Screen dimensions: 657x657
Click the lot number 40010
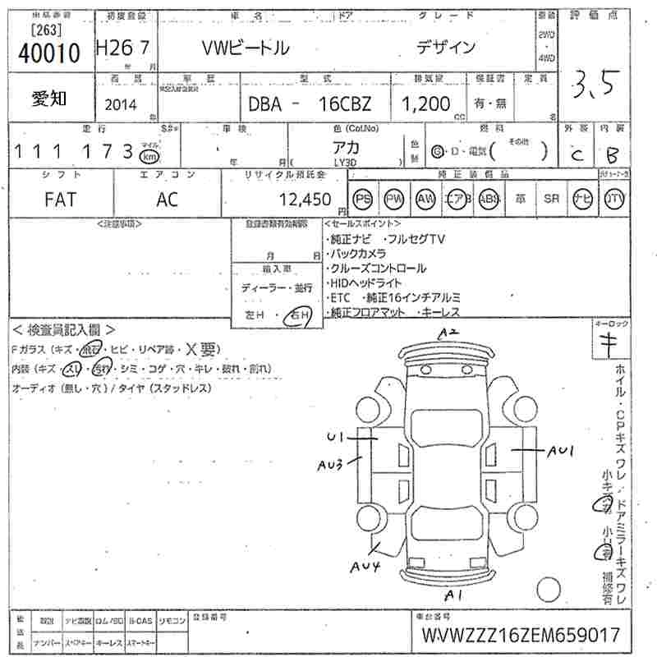(48, 53)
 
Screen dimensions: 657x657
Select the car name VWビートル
(246, 48)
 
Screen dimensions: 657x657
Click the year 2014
(122, 104)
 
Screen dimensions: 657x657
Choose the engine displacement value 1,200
(425, 104)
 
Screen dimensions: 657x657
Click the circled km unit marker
(149, 155)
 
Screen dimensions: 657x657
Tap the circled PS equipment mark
(362, 199)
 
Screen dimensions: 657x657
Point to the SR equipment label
(552, 199)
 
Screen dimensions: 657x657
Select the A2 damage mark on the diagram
(447, 333)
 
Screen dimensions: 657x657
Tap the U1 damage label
(334, 436)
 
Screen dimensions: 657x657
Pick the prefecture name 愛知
(49, 99)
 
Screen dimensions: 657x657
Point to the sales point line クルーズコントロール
(378, 269)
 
